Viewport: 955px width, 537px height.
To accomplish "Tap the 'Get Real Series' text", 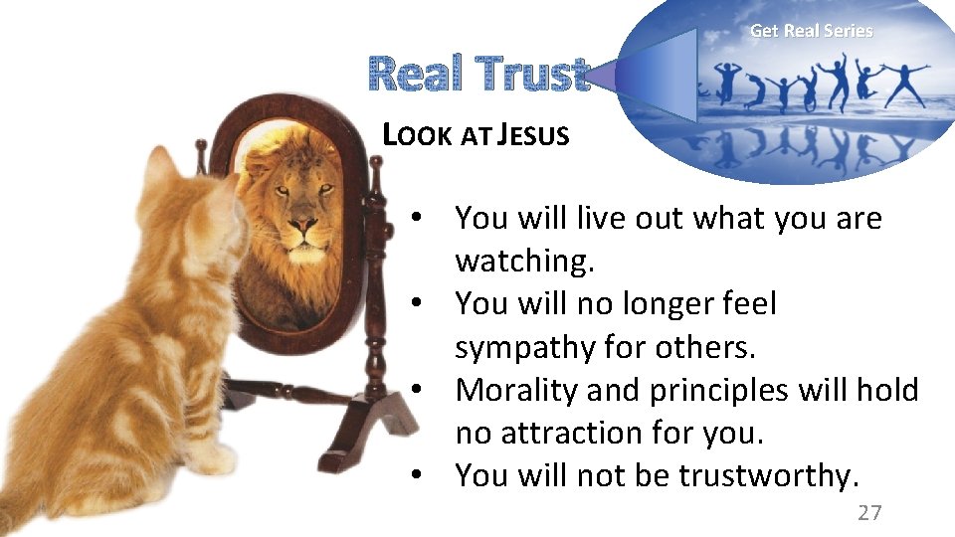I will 811,31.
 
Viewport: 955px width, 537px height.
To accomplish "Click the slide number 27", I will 869,512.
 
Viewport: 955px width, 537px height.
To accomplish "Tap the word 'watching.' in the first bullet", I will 524,261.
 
